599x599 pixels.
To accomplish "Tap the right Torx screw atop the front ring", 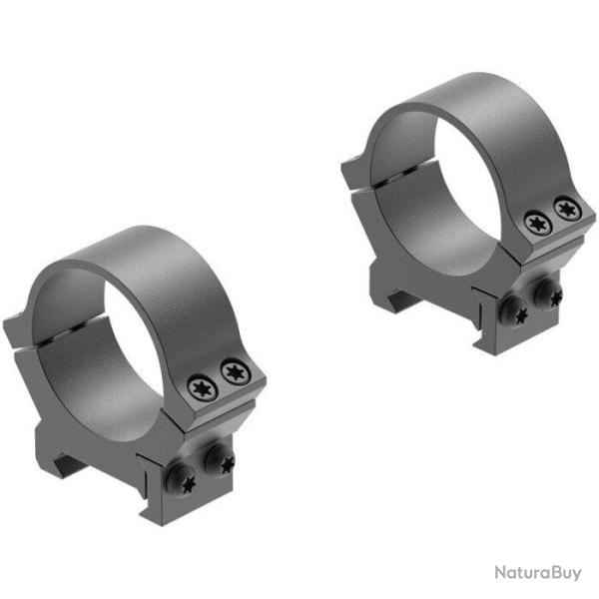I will [x=236, y=372].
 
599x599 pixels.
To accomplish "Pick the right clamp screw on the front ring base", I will [x=217, y=461].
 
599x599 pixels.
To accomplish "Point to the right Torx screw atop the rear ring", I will [x=567, y=209].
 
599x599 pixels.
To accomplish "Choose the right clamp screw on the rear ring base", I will [x=547, y=293].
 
